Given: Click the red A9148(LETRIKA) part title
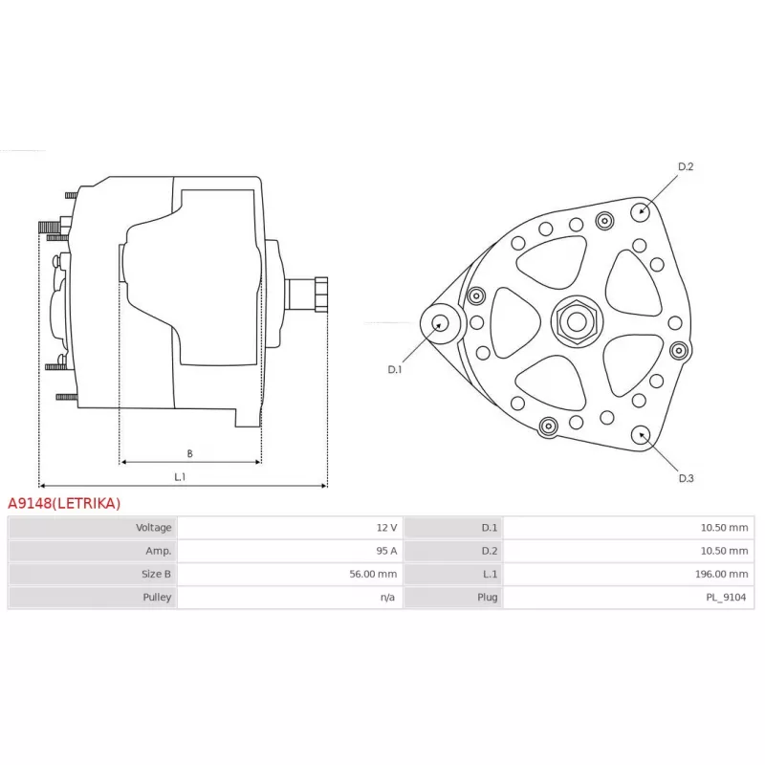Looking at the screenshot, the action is point(64,503).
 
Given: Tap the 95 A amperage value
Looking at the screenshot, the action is point(386,551).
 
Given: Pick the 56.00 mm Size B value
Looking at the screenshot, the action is point(373,574).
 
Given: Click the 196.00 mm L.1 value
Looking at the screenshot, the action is point(722,574).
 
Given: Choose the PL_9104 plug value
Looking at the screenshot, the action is point(726,597).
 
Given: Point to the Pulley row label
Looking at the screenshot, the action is point(157,597).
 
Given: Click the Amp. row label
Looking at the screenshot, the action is point(158,551).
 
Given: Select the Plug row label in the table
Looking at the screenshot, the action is point(488,597).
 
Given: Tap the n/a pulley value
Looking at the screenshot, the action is point(388,597).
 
